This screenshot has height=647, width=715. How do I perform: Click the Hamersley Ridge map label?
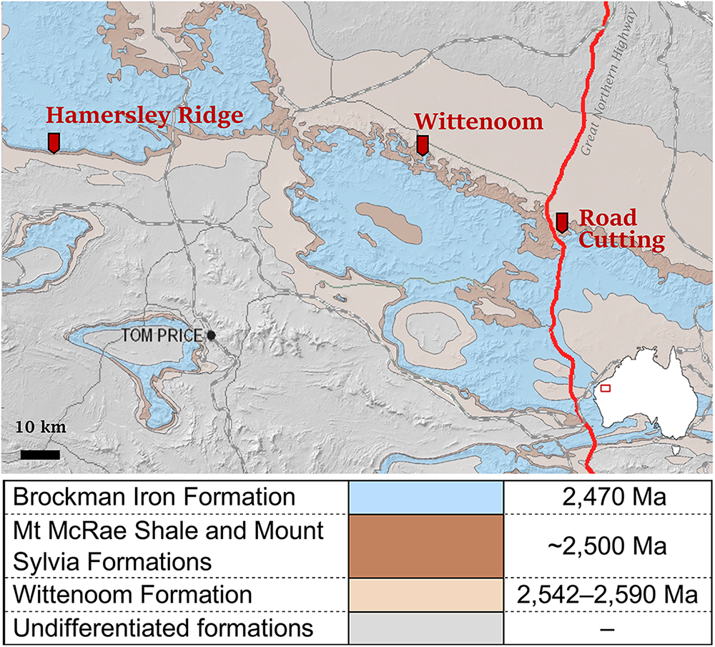pos(144,117)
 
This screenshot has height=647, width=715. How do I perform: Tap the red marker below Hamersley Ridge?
pos(54,142)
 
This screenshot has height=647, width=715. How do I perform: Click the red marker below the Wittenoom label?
pos(423,145)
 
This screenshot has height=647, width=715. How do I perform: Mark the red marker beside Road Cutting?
pos(562,222)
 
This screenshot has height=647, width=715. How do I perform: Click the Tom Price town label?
pos(163,335)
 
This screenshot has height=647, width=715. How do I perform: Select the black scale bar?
pos(39,454)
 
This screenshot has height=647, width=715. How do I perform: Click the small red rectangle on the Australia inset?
pos(605,388)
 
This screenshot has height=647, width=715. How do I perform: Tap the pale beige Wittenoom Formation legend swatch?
pos(426,595)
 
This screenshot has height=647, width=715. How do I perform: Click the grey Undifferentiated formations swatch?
pos(426,629)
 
